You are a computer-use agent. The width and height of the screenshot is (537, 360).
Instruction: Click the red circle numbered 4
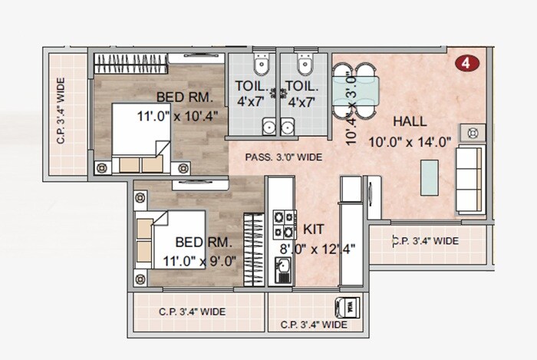click(x=465, y=63)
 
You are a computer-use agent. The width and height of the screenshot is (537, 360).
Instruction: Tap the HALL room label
click(x=410, y=121)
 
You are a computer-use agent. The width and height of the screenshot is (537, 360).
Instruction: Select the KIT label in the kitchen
click(x=313, y=229)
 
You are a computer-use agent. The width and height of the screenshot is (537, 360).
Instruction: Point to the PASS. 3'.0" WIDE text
click(x=283, y=157)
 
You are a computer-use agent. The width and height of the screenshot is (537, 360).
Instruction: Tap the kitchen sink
click(x=282, y=269)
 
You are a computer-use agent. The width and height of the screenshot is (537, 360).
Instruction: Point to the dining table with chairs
click(x=354, y=87)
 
